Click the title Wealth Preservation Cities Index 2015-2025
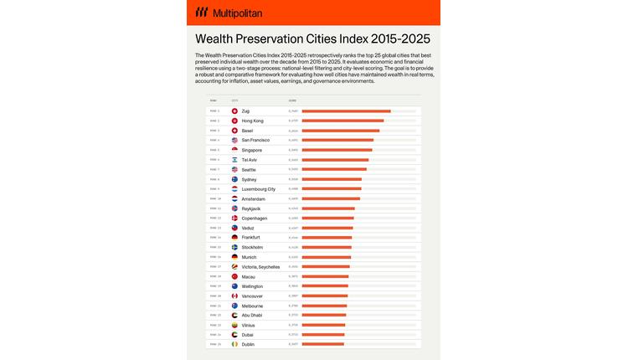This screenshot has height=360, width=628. point(312,39)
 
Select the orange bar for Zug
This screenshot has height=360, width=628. point(346,111)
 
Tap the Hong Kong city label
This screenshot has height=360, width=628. point(252,121)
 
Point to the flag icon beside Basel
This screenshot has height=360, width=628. point(234,131)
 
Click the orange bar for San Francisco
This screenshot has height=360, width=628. point(337,141)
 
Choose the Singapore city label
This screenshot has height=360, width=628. point(251,150)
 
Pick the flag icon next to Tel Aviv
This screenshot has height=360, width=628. point(234,160)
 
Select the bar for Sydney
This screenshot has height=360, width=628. point(332,179)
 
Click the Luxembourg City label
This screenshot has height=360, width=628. point(258,189)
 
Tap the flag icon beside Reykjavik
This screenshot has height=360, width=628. point(234,208)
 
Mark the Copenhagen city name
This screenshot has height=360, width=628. point(254,218)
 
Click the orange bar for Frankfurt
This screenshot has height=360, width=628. point(327,238)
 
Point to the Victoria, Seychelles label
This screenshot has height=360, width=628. point(260,266)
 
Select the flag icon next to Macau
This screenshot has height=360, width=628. point(234,276)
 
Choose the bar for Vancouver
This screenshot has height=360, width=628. point(324,296)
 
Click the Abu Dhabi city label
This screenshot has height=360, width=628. point(252,315)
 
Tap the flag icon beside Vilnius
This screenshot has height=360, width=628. point(234,325)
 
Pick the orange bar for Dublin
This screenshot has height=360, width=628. point(322,344)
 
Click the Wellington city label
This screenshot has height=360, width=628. point(252,286)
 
